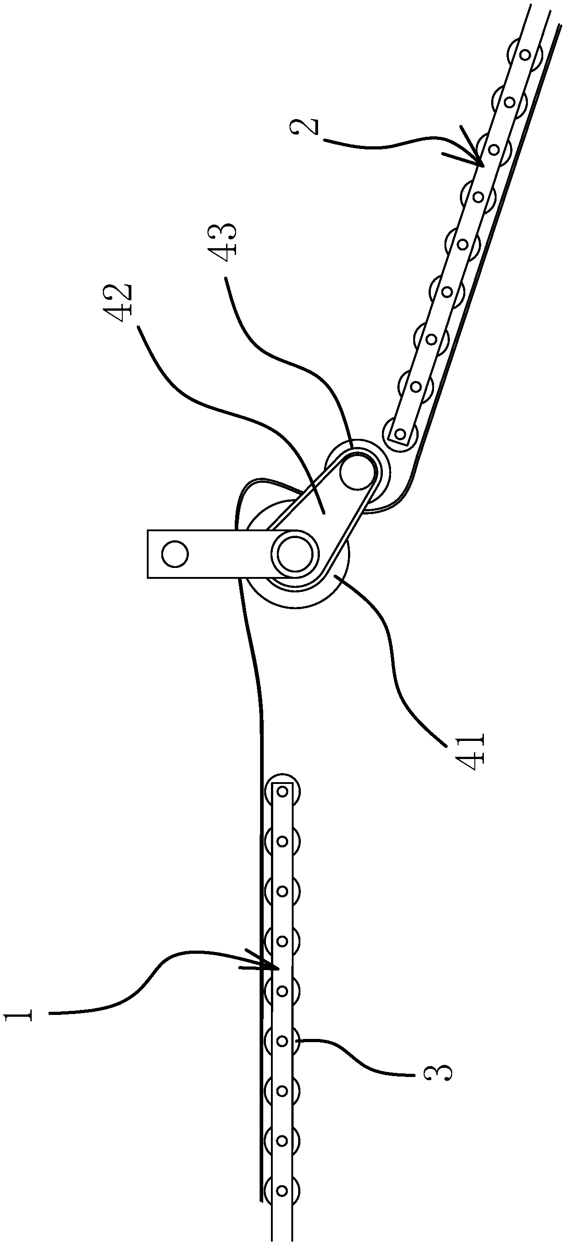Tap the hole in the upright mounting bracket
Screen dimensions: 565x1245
point(174,554)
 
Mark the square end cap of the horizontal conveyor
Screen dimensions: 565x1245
point(283,791)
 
